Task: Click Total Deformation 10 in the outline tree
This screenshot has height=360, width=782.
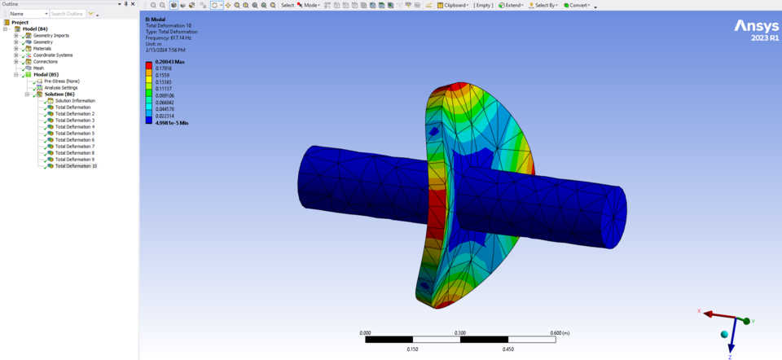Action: [x=76, y=166]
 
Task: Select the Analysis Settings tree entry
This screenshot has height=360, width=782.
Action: [x=61, y=88]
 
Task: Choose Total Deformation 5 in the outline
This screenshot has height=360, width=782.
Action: [x=74, y=134]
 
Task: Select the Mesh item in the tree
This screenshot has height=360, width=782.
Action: [x=38, y=68]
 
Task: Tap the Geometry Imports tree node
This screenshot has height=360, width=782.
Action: [x=51, y=36]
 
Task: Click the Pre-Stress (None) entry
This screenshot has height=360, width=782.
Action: [x=61, y=81]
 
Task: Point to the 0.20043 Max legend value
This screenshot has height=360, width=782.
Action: [x=169, y=62]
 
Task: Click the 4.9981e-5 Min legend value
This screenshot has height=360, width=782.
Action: [x=171, y=123]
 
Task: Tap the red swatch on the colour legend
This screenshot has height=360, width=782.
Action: [x=148, y=64]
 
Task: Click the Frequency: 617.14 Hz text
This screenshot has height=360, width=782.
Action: [x=169, y=37]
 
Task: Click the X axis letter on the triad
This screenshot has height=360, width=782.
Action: [x=699, y=311]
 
